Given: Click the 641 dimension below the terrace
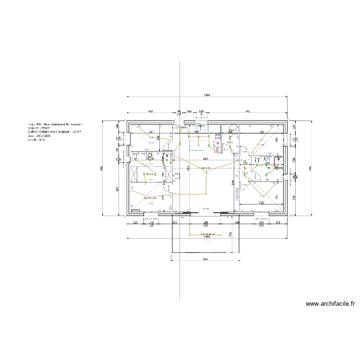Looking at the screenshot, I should (205, 259).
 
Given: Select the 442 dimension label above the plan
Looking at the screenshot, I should (150, 111).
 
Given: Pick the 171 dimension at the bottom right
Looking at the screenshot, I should (277, 223).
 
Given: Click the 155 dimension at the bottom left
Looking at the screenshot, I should (135, 223).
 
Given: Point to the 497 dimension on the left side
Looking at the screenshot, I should (118, 189).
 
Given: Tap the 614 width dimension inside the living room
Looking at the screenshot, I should (205, 159).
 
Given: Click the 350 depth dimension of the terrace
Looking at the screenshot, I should (231, 234).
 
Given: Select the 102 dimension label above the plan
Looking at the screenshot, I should (189, 111).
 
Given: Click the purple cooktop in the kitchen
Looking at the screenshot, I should (217, 143).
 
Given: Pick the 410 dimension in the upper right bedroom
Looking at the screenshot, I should (262, 132).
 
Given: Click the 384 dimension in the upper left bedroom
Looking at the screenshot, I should (150, 132).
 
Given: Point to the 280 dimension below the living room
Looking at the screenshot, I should (205, 223).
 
